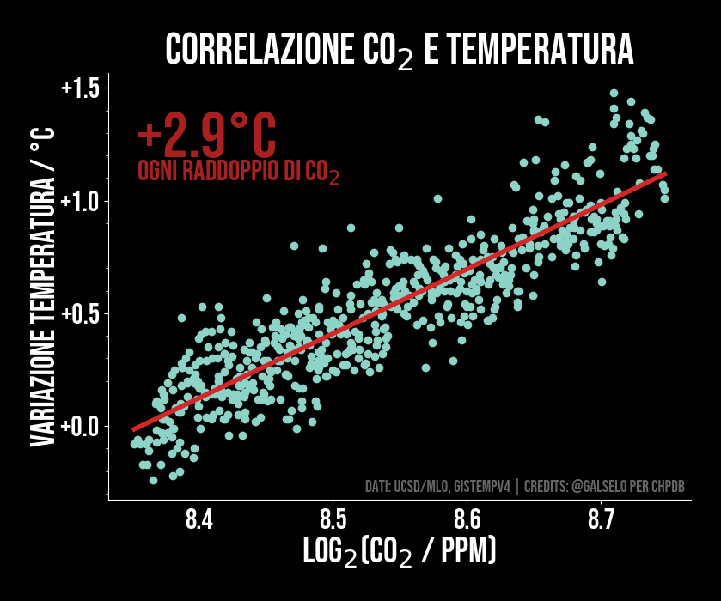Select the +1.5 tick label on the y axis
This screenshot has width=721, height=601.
click(x=81, y=88)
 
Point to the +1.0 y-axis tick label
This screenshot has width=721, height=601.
click(x=81, y=201)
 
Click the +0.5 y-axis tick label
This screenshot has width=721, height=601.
click(x=81, y=313)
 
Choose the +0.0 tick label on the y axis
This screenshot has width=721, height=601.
click(x=81, y=426)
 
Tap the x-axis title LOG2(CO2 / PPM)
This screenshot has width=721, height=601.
click(x=400, y=552)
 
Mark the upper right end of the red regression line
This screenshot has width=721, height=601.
click(x=664, y=173)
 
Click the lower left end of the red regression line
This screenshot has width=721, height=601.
click(x=134, y=428)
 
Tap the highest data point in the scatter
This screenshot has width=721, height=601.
click(x=614, y=93)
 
